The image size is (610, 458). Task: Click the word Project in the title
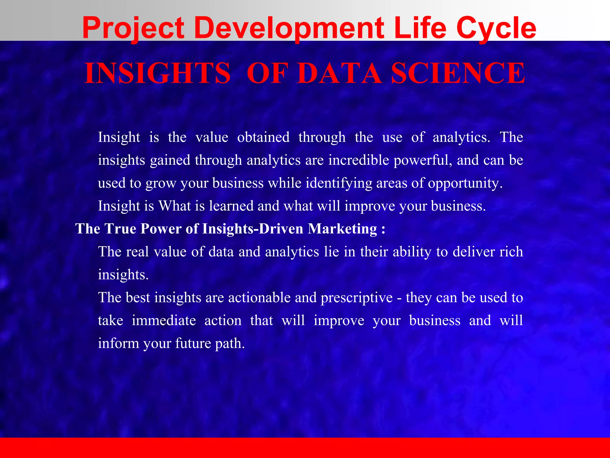click(133, 28)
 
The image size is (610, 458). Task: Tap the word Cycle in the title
click(496, 28)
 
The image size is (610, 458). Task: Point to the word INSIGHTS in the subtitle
click(158, 73)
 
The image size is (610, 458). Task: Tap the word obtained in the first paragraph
click(263, 137)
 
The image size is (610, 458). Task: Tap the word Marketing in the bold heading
click(342, 229)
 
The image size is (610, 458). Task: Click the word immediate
click(164, 321)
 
